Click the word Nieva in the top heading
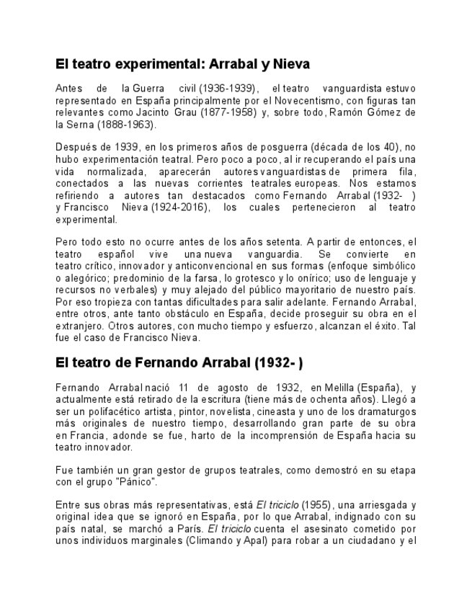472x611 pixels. pos(291,64)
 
